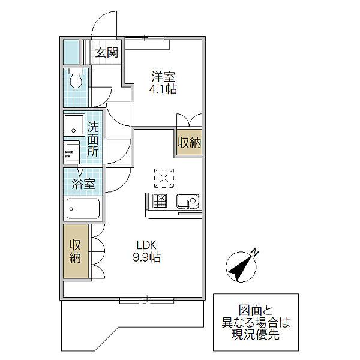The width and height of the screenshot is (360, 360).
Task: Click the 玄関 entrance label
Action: click(x=107, y=53)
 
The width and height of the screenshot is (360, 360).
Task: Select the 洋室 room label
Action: click(x=163, y=77)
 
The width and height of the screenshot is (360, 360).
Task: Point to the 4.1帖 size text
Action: click(x=163, y=89)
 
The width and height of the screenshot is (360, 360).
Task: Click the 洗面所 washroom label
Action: click(x=93, y=139)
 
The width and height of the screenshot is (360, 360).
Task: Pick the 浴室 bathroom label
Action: click(x=83, y=184)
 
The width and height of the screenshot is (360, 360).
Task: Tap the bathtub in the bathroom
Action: click(x=83, y=209)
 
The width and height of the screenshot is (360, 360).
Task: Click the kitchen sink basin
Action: click(x=188, y=202)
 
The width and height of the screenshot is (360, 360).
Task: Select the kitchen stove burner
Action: click(x=160, y=201)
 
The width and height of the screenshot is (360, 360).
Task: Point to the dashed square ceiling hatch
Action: click(x=164, y=178)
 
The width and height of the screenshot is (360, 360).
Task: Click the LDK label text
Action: click(x=146, y=245)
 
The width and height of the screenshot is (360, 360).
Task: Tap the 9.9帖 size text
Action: click(x=146, y=257)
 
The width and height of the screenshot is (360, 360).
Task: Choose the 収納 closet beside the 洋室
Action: click(x=189, y=143)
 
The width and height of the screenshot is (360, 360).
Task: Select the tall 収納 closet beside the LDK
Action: click(x=75, y=251)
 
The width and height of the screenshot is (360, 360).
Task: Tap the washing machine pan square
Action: click(x=74, y=125)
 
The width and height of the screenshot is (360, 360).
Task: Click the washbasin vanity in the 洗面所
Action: click(x=71, y=152)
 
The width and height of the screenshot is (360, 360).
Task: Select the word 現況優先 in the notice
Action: click(x=256, y=334)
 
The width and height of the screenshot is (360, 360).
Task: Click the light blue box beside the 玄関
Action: click(x=71, y=52)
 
